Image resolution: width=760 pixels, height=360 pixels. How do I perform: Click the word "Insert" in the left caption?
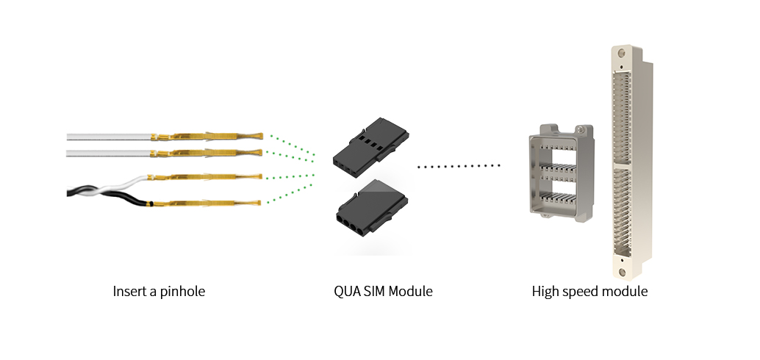129,292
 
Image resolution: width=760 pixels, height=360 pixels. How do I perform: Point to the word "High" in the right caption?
546,292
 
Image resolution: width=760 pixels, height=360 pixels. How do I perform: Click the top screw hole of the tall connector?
622,54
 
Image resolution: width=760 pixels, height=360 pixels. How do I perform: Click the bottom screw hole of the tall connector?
623,272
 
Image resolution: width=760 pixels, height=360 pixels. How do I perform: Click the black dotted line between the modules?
459,167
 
